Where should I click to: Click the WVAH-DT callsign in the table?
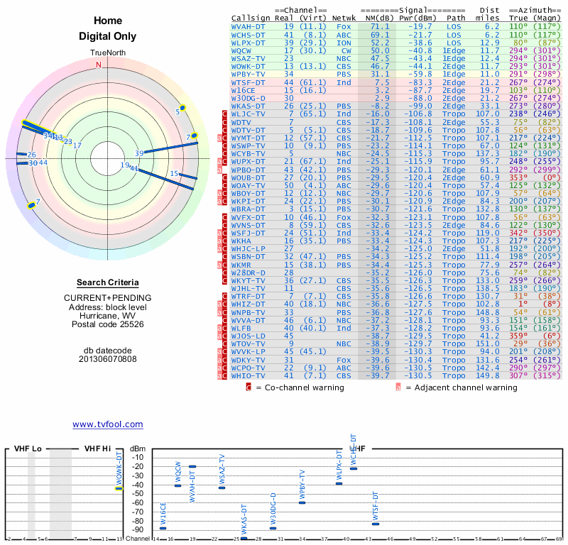248,26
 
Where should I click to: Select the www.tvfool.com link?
107,424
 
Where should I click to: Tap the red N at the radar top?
99,65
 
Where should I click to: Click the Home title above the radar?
107,21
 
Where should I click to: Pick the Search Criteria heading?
107,282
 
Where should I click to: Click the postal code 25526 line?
107,324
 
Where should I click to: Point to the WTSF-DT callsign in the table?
248,82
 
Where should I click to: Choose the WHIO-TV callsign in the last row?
248,375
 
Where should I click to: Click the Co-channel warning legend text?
300,387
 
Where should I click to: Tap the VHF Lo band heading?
28,448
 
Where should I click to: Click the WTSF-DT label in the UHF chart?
376,507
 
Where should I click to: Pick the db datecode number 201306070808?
107,359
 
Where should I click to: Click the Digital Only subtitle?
107,36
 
